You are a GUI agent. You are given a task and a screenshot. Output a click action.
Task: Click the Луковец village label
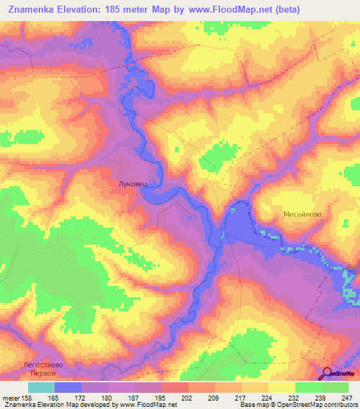[132, 183]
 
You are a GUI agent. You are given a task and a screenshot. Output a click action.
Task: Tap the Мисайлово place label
[302, 216]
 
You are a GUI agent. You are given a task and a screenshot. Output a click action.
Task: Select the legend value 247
[347, 398]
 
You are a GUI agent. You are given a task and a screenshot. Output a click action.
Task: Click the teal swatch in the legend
[41, 387]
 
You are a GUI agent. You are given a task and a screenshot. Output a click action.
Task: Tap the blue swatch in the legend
[68, 387]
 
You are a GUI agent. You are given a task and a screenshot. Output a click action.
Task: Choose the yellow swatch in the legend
[281, 387]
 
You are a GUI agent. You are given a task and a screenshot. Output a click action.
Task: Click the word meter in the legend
[12, 398]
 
